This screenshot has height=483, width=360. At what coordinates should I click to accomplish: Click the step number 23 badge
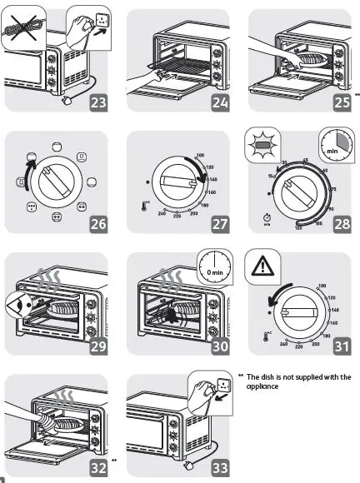98,103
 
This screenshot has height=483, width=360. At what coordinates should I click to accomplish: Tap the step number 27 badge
219,224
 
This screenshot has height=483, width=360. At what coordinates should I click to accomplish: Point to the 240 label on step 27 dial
162,214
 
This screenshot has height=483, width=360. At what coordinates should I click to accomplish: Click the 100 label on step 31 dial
320,286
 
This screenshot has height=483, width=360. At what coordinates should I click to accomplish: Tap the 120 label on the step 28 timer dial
299,227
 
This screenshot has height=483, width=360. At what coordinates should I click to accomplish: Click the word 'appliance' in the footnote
262,386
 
